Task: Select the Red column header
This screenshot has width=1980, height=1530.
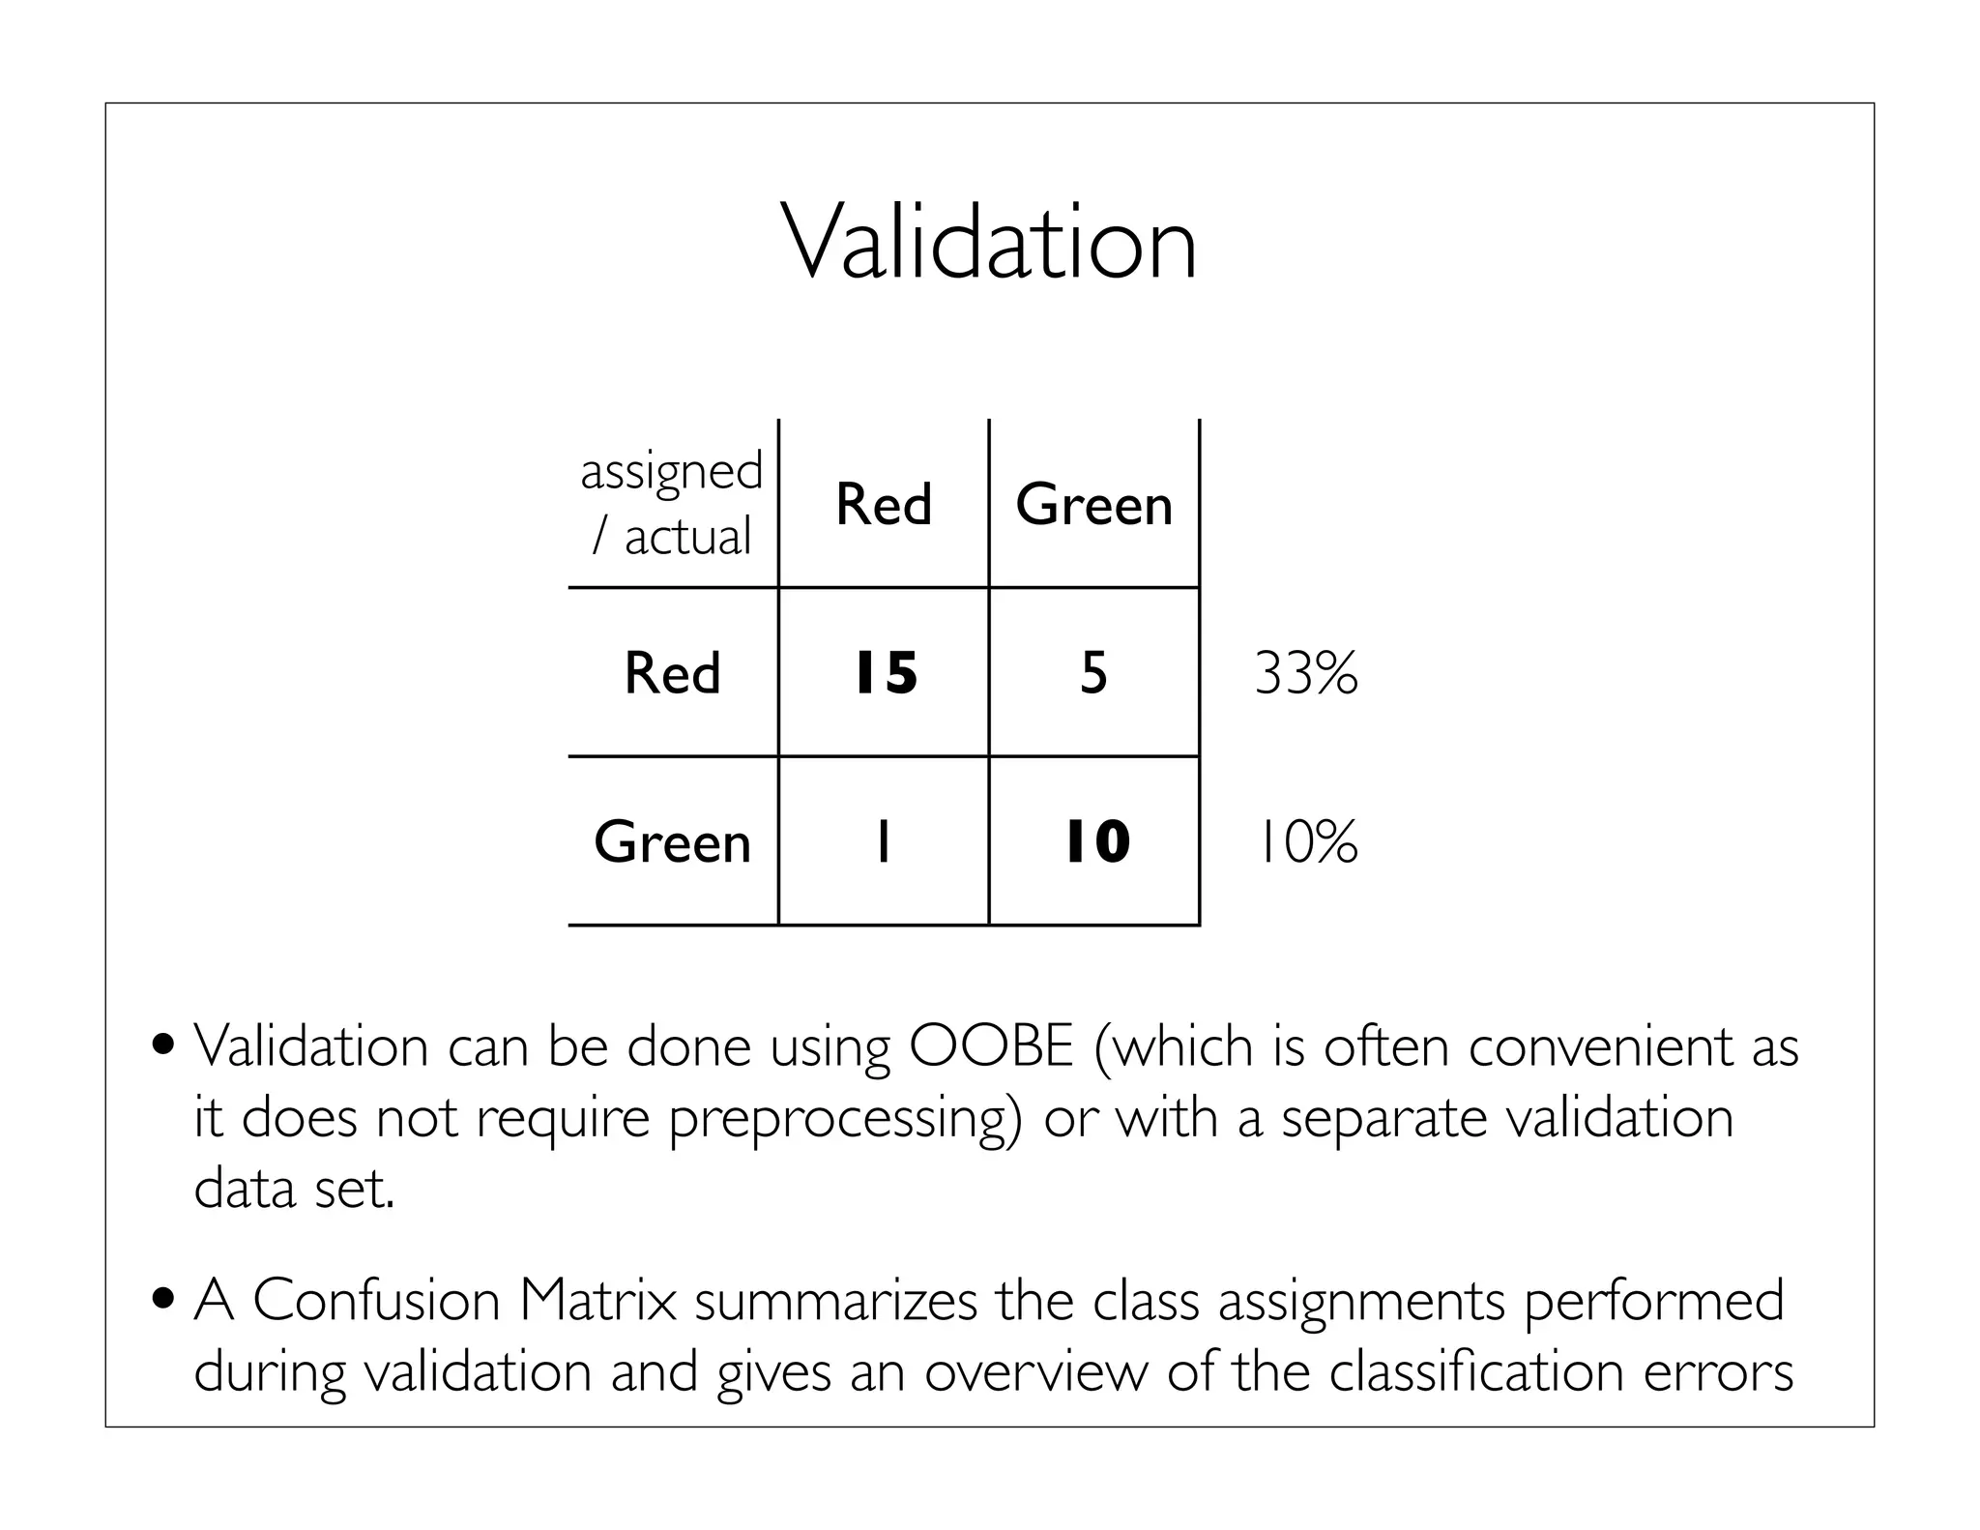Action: [x=884, y=504]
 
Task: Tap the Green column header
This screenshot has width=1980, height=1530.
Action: [x=1093, y=504]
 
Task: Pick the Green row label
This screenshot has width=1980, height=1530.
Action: [x=672, y=841]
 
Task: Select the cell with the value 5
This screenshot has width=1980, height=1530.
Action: [x=1093, y=673]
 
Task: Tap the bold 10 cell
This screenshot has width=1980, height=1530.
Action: [x=1096, y=841]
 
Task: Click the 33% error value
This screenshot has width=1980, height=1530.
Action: [x=1306, y=673]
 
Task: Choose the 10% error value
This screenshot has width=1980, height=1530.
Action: [x=1306, y=841]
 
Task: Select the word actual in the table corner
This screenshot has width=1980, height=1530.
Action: [x=687, y=537]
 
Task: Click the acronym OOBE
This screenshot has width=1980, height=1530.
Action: [x=991, y=1046]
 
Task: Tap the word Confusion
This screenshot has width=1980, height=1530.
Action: [x=376, y=1301]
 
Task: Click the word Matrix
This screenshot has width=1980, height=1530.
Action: [x=597, y=1301]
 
